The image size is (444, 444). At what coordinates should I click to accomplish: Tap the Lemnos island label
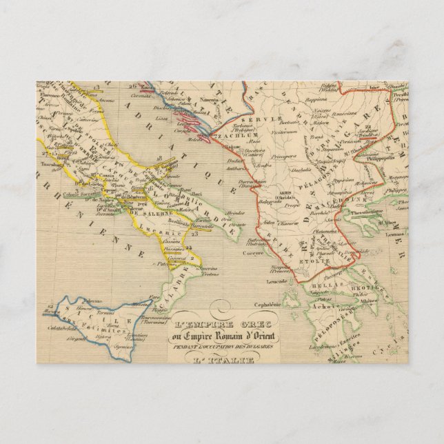point(396,234)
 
